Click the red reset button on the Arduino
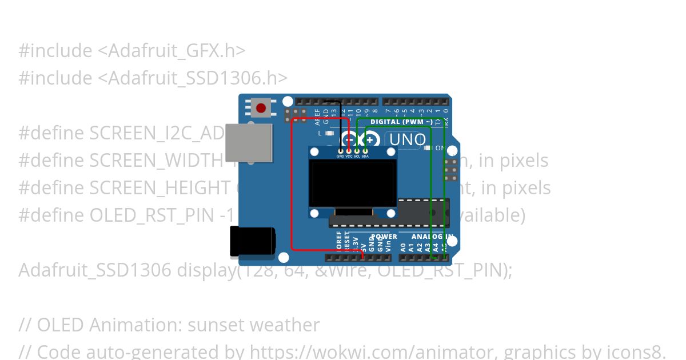[x=261, y=108]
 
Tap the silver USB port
[x=249, y=142]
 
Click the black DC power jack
[x=252, y=241]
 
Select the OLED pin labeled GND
[x=340, y=150]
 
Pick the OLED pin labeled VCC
[x=348, y=150]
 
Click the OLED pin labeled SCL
[x=357, y=150]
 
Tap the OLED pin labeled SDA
[x=365, y=150]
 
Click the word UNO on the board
[x=408, y=139]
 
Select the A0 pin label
[x=403, y=247]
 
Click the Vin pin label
[x=388, y=247]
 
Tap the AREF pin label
[x=318, y=115]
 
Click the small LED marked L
[x=329, y=133]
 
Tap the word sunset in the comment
[x=216, y=325]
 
